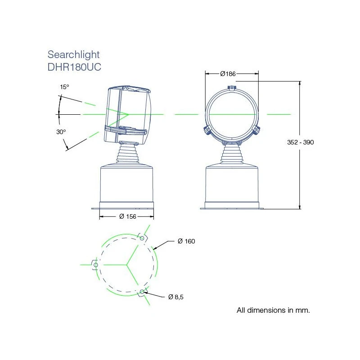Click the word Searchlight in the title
click(x=73, y=55)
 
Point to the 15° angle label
click(x=65, y=86)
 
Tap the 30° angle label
click(x=61, y=132)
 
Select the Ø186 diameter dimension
click(x=228, y=74)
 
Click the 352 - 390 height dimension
click(x=300, y=142)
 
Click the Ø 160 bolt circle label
click(x=186, y=241)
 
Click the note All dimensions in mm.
click(x=273, y=310)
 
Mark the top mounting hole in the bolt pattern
click(x=142, y=238)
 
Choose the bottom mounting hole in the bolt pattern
click(x=142, y=292)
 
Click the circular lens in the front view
click(x=232, y=115)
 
